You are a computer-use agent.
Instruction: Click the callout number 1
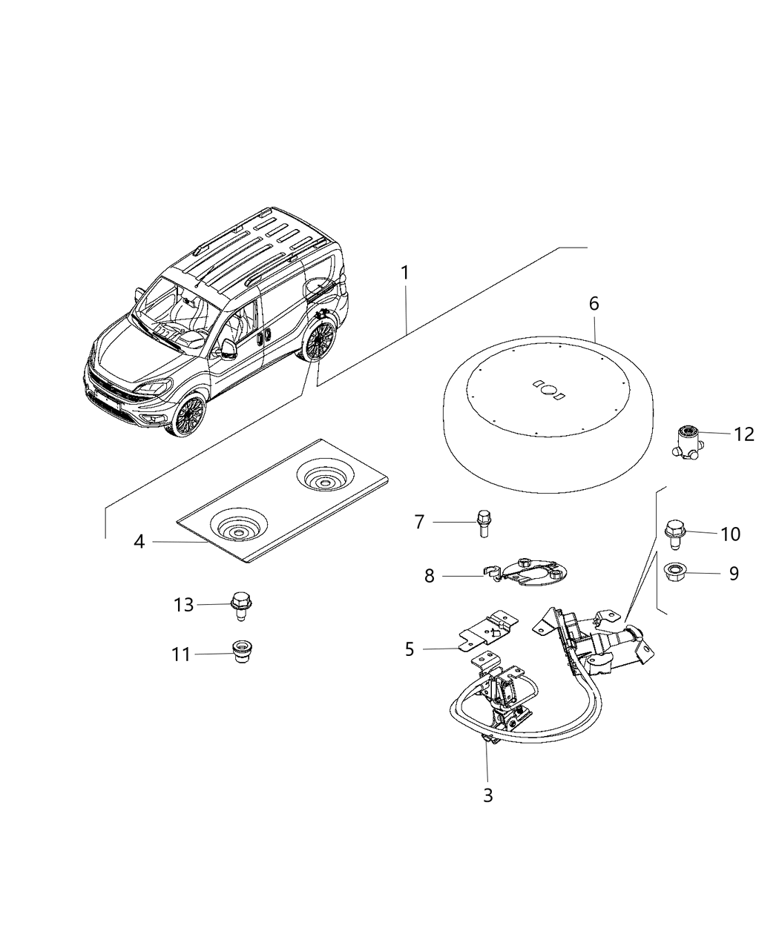coord(404,273)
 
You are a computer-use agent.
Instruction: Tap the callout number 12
coord(743,434)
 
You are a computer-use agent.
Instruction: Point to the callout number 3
coord(487,795)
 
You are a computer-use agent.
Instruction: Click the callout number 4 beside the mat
coord(139,542)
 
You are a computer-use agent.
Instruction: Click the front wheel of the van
coord(190,416)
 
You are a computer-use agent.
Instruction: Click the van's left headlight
coord(154,387)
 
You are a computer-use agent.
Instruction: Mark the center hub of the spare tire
coord(550,389)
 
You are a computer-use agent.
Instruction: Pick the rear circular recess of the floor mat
coord(323,479)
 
